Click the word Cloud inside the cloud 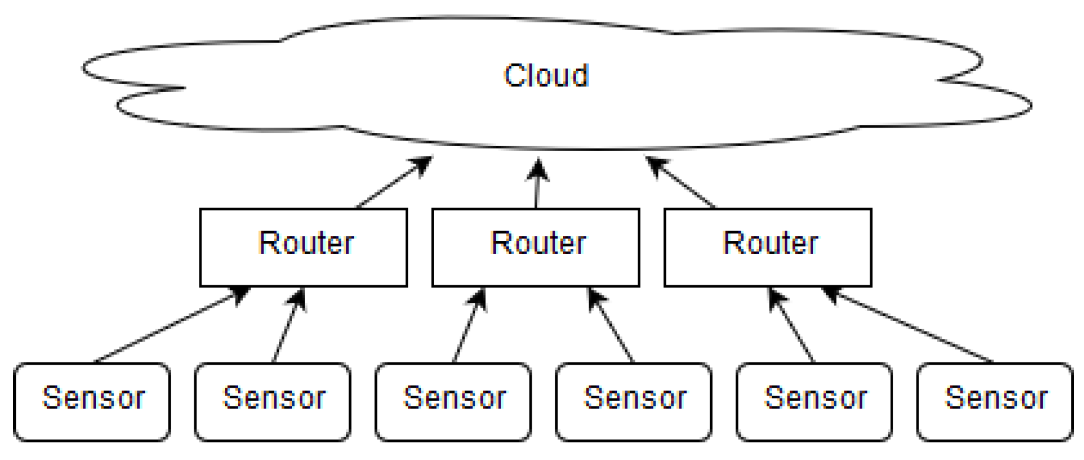point(546,76)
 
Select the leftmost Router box point(303,247)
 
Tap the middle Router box point(535,247)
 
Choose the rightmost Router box point(767,247)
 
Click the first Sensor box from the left point(92,402)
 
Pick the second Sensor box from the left point(273,402)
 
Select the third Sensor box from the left point(453,402)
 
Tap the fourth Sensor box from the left point(634,402)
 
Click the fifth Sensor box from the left point(814,402)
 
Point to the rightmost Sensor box point(995,402)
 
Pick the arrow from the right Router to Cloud point(682,183)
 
